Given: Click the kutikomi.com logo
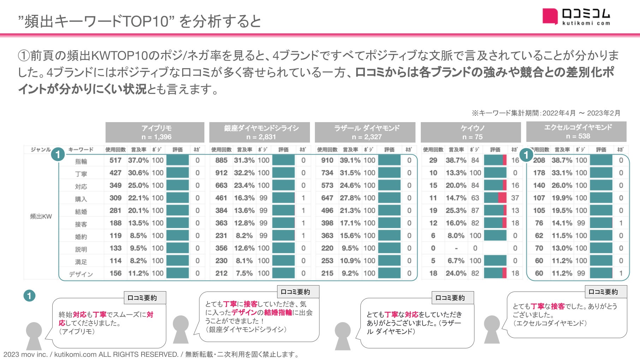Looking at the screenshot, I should click(x=576, y=17).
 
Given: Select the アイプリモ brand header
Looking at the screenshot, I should click(x=155, y=132).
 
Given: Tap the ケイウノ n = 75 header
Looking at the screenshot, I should click(x=471, y=132).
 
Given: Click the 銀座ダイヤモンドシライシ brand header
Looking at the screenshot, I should click(x=259, y=132).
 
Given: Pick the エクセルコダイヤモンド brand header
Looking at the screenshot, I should click(x=576, y=132).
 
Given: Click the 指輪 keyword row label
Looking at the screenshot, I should click(x=81, y=161).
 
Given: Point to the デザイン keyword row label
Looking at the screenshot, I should click(x=81, y=274).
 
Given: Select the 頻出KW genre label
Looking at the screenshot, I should click(x=41, y=216).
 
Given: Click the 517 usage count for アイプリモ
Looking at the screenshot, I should click(x=115, y=160).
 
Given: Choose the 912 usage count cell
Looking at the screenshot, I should click(x=221, y=173).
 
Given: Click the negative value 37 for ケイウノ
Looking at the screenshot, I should click(x=515, y=198).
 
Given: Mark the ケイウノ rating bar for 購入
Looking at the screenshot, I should click(x=495, y=198).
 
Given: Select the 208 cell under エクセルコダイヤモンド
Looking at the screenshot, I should click(x=539, y=160).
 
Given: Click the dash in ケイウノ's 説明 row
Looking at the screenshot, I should click(x=456, y=248).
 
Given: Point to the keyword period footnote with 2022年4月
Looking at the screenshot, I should click(x=546, y=113).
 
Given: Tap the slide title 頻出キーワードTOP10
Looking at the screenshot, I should click(x=140, y=21).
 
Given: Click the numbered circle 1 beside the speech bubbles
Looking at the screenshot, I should click(x=29, y=296).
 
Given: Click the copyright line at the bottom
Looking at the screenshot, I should click(x=151, y=354).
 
